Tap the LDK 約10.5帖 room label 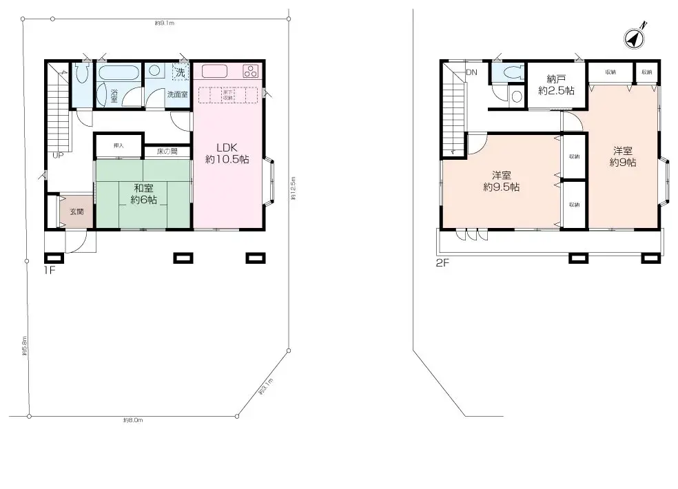click(x=227, y=153)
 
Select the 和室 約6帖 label click(x=144, y=193)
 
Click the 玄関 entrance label click(x=76, y=212)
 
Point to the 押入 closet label click(x=118, y=145)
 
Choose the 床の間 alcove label click(x=167, y=151)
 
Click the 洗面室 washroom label click(x=177, y=94)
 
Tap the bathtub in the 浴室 click(x=121, y=72)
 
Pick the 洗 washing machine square click(x=180, y=71)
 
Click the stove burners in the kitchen click(x=250, y=71)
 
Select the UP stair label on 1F click(x=58, y=155)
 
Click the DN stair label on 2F click(x=472, y=72)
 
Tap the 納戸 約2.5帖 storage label click(x=557, y=85)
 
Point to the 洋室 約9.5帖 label click(x=501, y=181)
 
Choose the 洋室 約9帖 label click(x=622, y=157)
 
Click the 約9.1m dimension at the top click(x=165, y=23)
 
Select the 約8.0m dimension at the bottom click(x=133, y=419)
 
